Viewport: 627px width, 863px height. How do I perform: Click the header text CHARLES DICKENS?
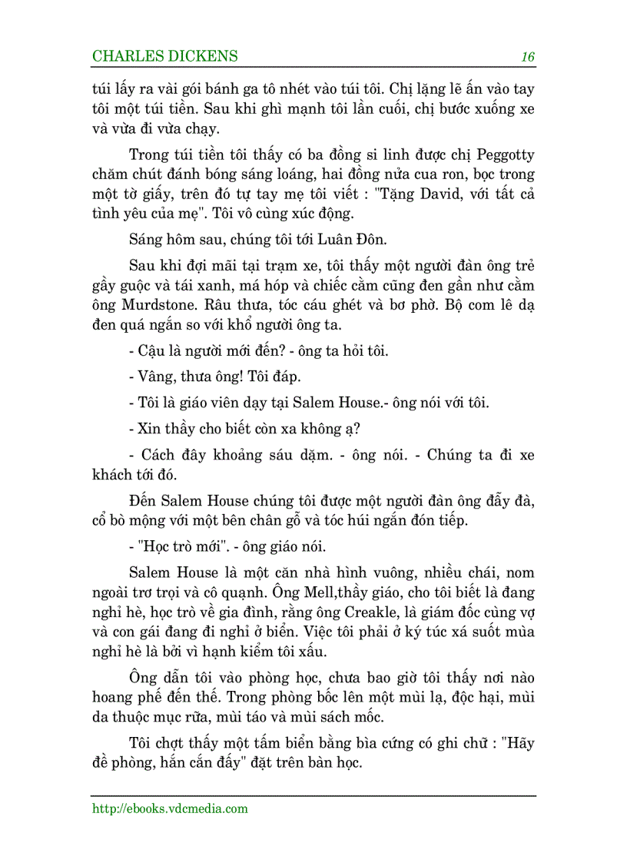[164, 56]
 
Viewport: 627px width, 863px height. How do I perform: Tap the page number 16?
[527, 56]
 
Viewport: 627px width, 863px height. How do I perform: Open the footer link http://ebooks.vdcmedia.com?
[170, 808]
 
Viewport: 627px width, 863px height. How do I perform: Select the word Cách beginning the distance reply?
[156, 455]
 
